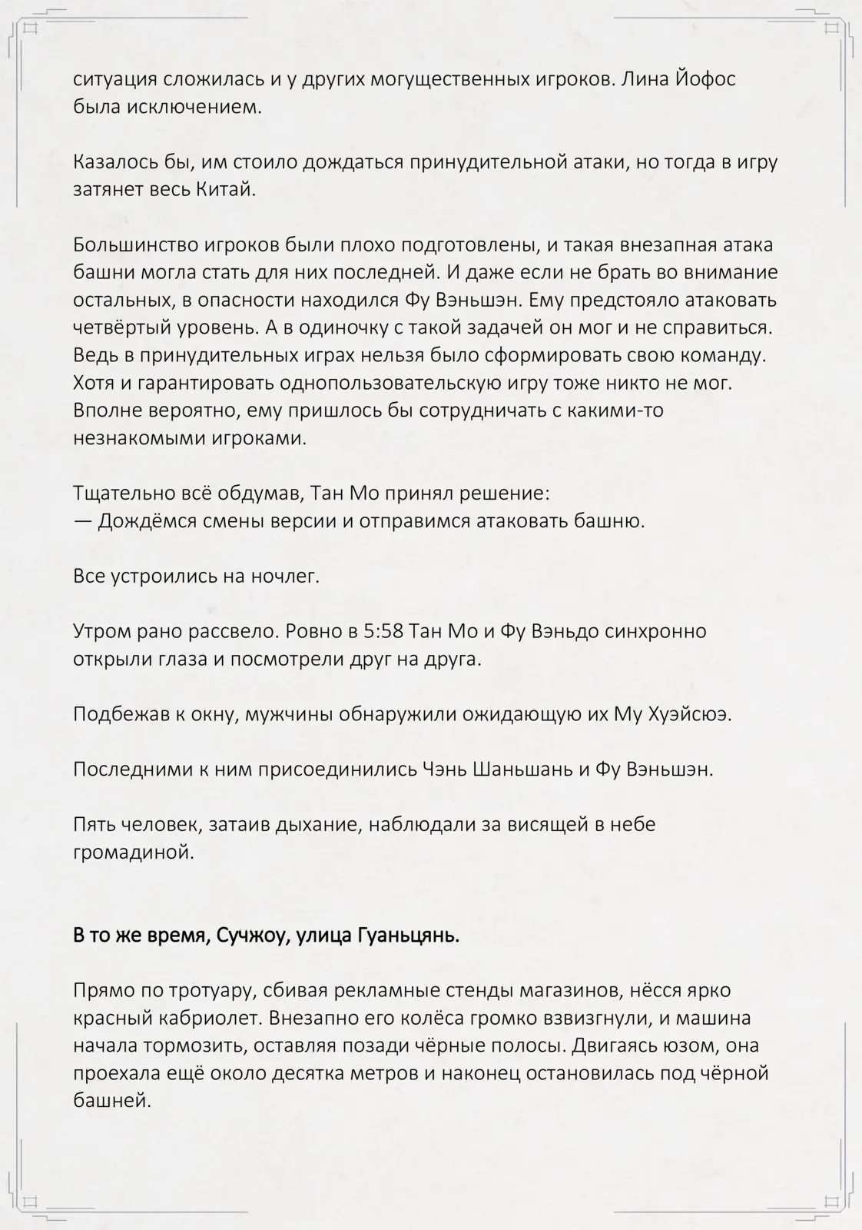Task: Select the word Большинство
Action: pyautogui.click(x=134, y=245)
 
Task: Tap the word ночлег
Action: pyautogui.click(x=285, y=576)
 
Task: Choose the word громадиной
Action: pyautogui.click(x=131, y=853)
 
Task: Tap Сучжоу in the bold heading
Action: pyautogui.click(x=249, y=936)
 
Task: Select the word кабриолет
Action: pyautogui.click(x=210, y=1019)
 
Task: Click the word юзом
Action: pyautogui.click(x=672, y=1046)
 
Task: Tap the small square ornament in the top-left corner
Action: pyautogui.click(x=31, y=28)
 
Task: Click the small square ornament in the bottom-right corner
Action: pyautogui.click(x=831, y=1202)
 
